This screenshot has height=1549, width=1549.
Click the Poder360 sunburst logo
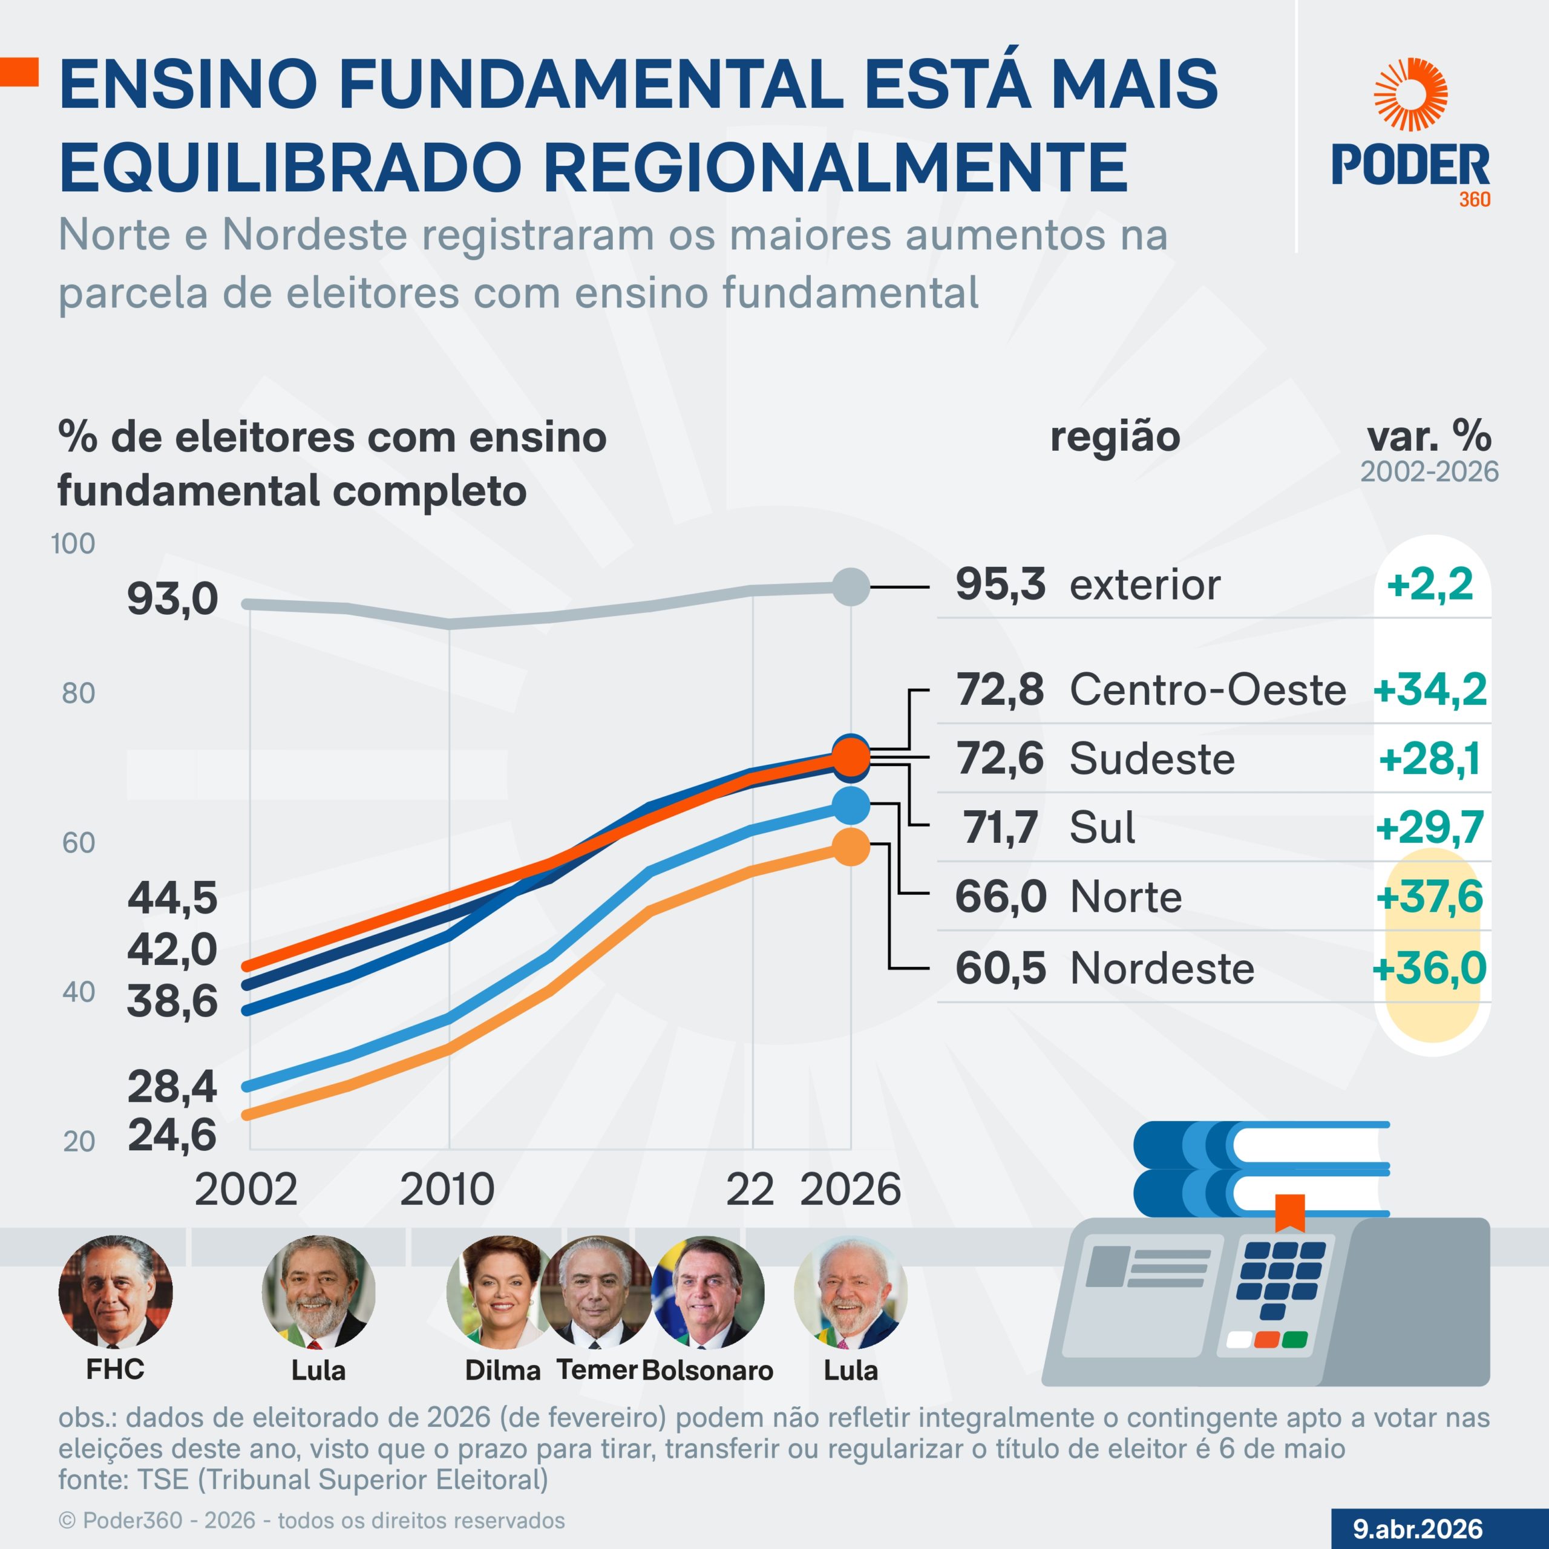(1410, 94)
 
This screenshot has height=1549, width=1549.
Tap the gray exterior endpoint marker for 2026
(851, 587)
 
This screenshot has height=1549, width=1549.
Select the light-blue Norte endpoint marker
(851, 806)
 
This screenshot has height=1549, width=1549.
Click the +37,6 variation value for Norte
(1430, 896)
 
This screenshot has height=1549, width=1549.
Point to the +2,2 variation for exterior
(1430, 584)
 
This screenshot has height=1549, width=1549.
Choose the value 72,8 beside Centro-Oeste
(1000, 690)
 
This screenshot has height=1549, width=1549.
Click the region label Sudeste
(1152, 758)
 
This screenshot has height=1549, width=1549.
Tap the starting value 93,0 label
(172, 600)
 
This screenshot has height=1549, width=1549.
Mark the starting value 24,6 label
(172, 1135)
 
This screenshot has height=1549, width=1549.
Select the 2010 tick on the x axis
(447, 1189)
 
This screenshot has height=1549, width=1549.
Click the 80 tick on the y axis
(79, 693)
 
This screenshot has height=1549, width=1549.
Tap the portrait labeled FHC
(116, 1292)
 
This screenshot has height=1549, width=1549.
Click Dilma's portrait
(497, 1292)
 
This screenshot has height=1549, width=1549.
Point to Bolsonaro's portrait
(709, 1292)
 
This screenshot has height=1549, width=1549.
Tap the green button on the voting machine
(1294, 1340)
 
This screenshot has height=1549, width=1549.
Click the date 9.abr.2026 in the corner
(1418, 1528)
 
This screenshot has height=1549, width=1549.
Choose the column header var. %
(1429, 437)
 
